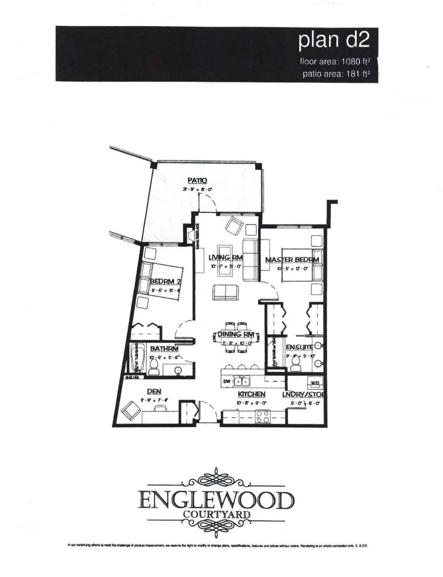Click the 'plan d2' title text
[x=334, y=40]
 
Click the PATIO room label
[x=197, y=180]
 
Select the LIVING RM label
[x=226, y=257]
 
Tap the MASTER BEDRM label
[x=292, y=260]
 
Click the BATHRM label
[x=164, y=349]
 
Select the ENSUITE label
[x=300, y=347]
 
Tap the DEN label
[x=154, y=391]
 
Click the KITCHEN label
[x=251, y=394]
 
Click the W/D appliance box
[x=315, y=383]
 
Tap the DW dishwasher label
[x=227, y=381]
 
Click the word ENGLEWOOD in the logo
[x=216, y=501]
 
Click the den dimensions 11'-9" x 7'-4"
[x=154, y=400]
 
